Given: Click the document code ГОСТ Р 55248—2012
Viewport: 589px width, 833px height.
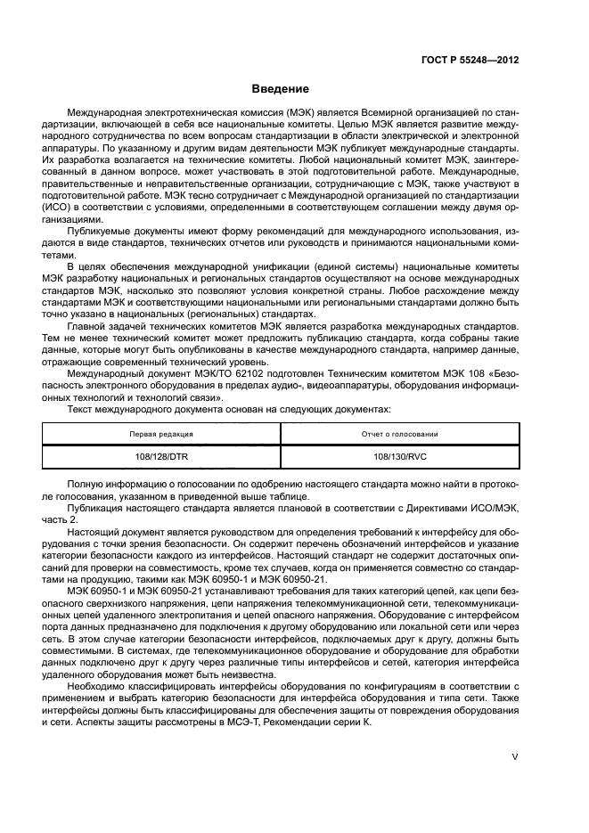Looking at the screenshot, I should pyautogui.click(x=470, y=61).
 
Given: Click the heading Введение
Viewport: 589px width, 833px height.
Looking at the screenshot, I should pyautogui.click(x=281, y=89).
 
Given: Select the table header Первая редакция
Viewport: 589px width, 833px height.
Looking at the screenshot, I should pyautogui.click(x=162, y=434).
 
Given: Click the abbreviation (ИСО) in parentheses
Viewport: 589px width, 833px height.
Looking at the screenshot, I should pyautogui.click(x=58, y=205).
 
